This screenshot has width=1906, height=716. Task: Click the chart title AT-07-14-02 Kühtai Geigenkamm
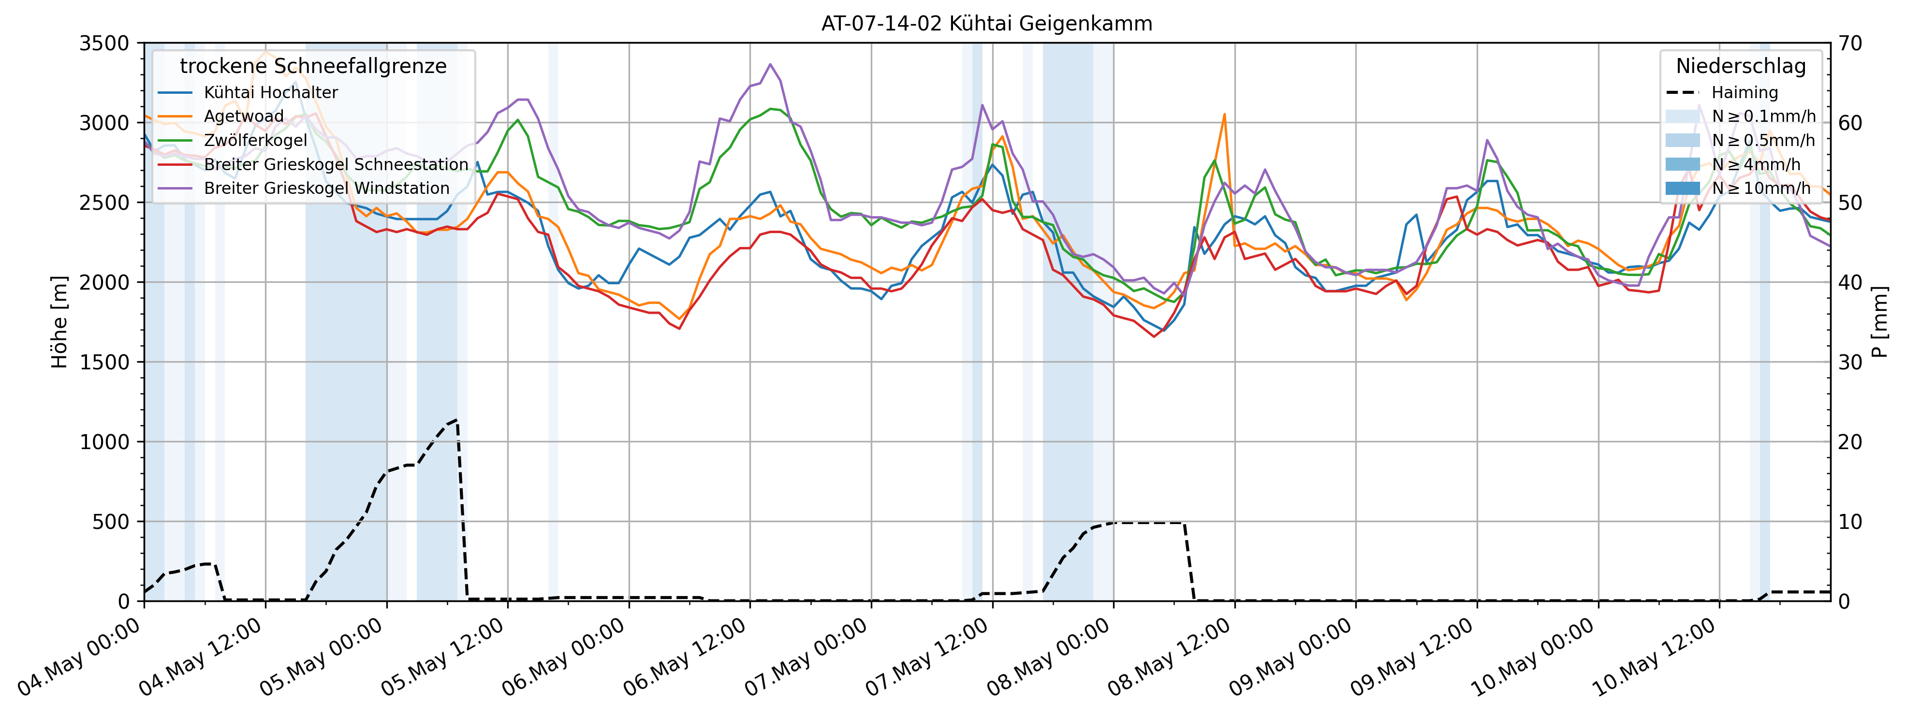click(x=986, y=24)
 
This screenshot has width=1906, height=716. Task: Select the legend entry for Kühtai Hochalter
click(x=270, y=92)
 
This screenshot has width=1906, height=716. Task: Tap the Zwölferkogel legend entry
click(x=255, y=141)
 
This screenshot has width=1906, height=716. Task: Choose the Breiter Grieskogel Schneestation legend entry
click(x=336, y=164)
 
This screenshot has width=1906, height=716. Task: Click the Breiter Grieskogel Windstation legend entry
click(x=326, y=188)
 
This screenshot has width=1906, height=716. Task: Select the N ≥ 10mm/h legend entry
click(x=1761, y=188)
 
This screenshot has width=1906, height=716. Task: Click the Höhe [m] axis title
click(x=59, y=322)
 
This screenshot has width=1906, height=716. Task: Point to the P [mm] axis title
click(x=1880, y=322)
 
